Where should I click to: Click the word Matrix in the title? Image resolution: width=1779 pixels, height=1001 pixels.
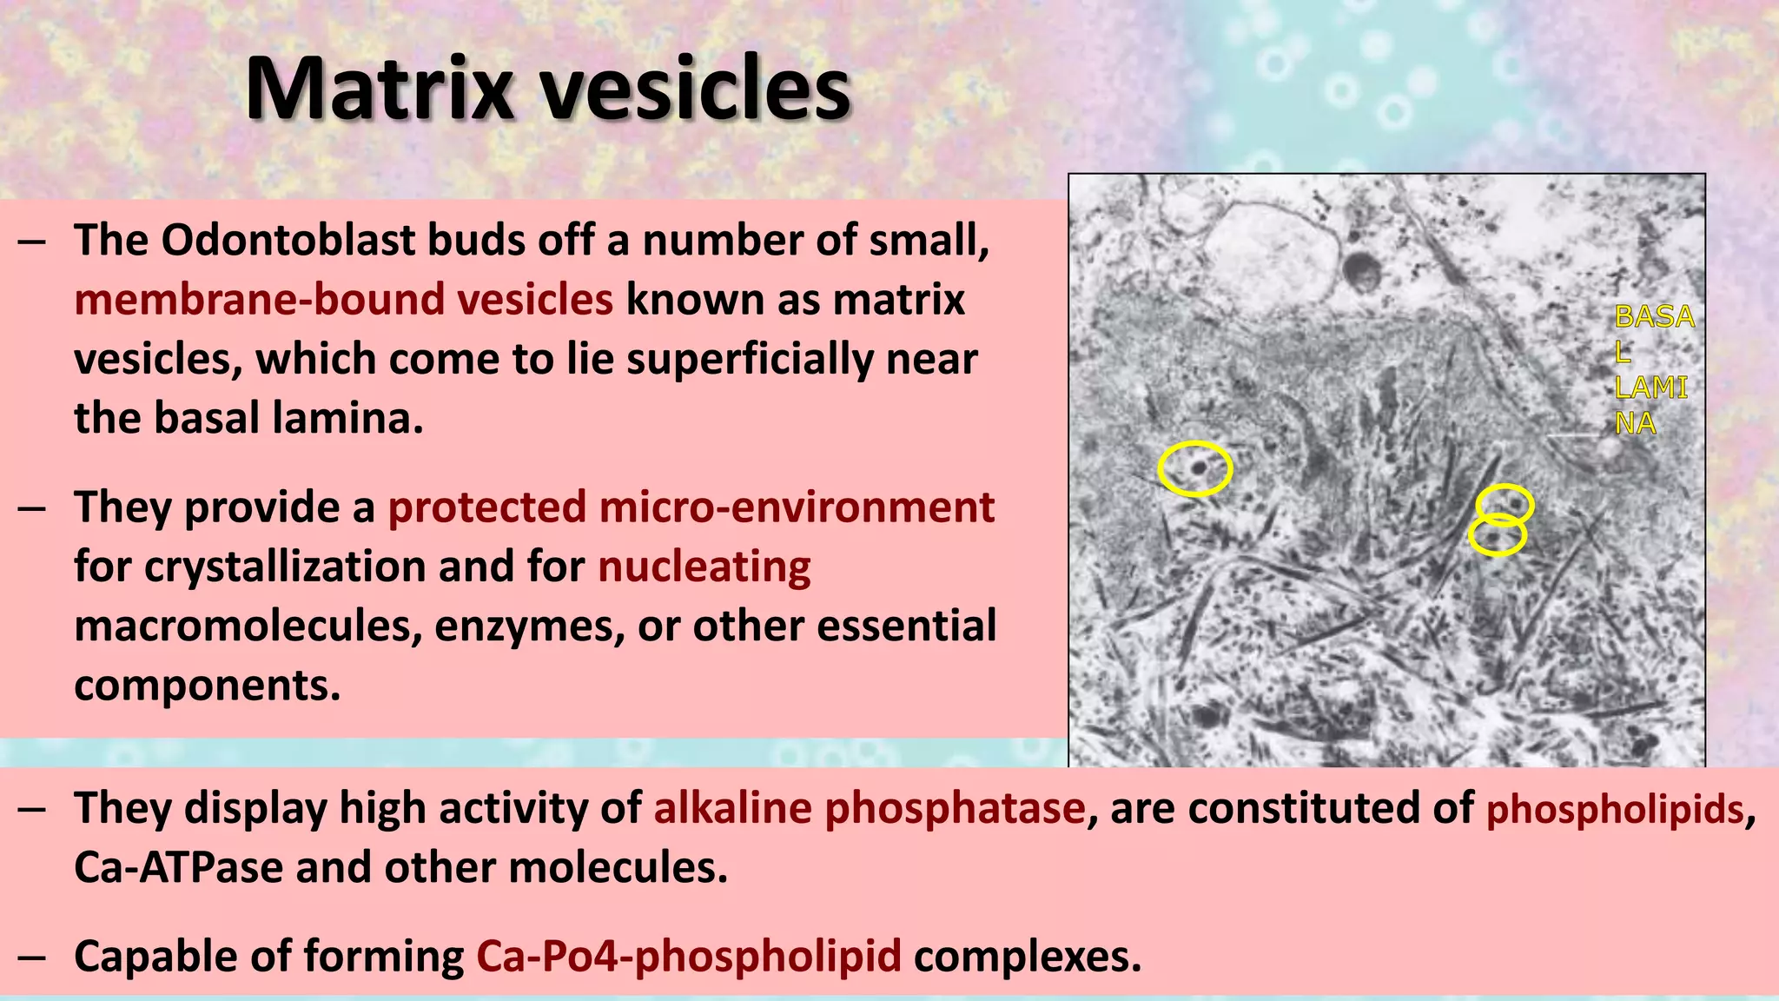tap(380, 89)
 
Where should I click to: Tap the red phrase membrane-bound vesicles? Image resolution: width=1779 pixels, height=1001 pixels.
tap(343, 300)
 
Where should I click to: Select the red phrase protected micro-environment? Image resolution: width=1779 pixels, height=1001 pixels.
tap(691, 507)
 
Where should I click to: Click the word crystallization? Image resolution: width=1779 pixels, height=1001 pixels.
tap(284, 567)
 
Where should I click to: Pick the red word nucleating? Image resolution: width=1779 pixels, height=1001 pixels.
tap(704, 567)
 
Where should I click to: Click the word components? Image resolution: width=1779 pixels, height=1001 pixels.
tap(207, 686)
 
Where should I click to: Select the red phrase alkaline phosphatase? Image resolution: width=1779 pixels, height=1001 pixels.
tap(869, 808)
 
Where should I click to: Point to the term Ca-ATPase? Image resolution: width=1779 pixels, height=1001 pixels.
tap(178, 867)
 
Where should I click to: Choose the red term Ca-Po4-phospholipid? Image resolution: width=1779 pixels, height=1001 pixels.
tap(688, 957)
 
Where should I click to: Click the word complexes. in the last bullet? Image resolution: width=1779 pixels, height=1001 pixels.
tap(1027, 957)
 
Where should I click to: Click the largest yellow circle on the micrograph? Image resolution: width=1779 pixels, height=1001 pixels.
tap(1195, 468)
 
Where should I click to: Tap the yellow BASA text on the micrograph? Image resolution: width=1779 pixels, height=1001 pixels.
tap(1654, 317)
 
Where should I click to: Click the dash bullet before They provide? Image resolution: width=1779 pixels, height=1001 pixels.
tap(32, 508)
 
